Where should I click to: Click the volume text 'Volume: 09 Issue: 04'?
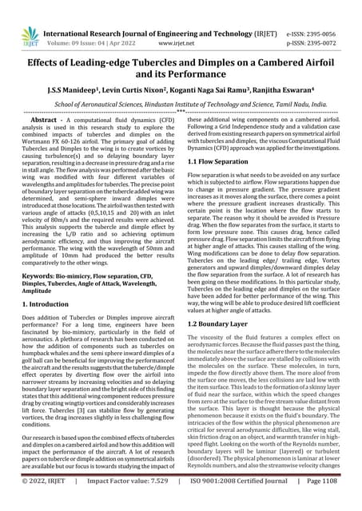(x=78, y=23)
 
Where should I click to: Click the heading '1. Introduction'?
(x=48, y=305)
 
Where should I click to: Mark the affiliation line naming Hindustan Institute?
(x=181, y=105)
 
